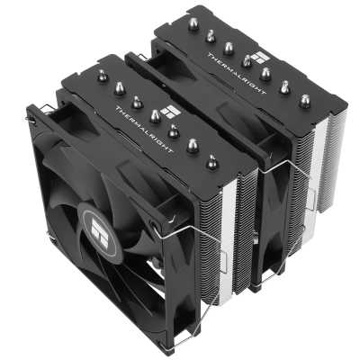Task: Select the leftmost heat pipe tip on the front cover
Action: pyautogui.click(x=102, y=77)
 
